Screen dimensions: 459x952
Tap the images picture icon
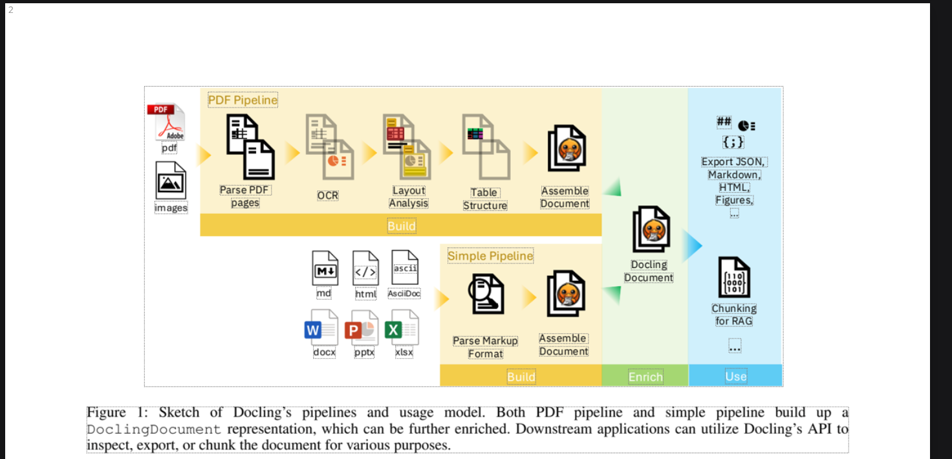pos(171,181)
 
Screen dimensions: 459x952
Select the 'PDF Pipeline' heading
pos(243,100)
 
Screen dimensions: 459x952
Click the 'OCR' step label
pos(327,196)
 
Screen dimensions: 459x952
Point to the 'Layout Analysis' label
pos(409,197)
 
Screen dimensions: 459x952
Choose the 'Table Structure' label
pos(484,199)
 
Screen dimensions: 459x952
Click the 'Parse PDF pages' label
pos(245,196)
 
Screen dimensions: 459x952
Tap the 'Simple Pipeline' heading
pos(490,256)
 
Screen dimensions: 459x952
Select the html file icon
pos(365,268)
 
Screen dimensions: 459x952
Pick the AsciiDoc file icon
pos(405,267)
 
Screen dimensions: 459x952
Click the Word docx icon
pos(322,328)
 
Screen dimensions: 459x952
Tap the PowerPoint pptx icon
pos(362,328)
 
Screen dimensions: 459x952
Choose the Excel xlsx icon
pos(402,328)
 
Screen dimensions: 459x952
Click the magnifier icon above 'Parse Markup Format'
pos(486,294)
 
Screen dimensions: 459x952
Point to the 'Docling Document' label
pos(649,271)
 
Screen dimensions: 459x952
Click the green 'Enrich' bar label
pos(645,377)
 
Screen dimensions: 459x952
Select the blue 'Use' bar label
pos(735,376)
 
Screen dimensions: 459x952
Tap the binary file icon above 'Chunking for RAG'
pos(734,278)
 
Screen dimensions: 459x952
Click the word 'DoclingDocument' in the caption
pos(154,429)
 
